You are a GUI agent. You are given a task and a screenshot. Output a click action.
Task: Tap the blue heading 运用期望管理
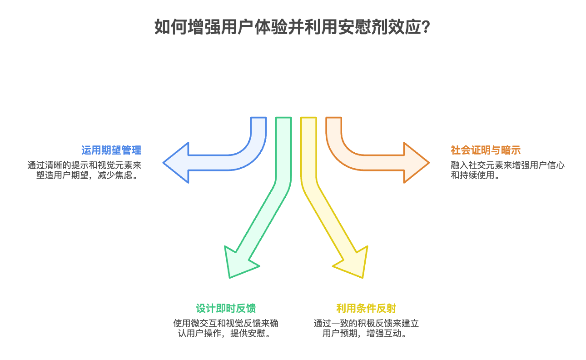111,150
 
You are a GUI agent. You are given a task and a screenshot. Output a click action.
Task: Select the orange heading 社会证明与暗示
485,150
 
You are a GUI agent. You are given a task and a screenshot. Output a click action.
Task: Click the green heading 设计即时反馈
226,308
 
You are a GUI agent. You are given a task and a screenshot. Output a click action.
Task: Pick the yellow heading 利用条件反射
366,308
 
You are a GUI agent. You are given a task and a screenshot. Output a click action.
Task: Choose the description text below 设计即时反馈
226,329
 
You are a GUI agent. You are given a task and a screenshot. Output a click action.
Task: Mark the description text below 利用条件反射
366,329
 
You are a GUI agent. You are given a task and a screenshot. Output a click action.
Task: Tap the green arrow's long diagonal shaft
263,218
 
